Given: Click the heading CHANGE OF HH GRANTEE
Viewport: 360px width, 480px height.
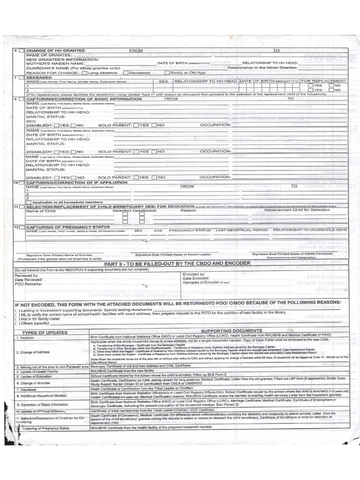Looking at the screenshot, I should (55, 50).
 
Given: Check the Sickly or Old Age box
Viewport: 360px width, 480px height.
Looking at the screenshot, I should (168, 73).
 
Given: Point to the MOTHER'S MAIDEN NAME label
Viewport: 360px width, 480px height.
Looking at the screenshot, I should (55, 63).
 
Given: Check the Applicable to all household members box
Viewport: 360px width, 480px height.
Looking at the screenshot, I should (29, 202).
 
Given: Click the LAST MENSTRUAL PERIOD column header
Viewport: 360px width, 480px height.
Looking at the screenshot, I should (241, 231).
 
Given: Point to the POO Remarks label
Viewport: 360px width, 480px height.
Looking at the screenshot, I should (28, 284).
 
